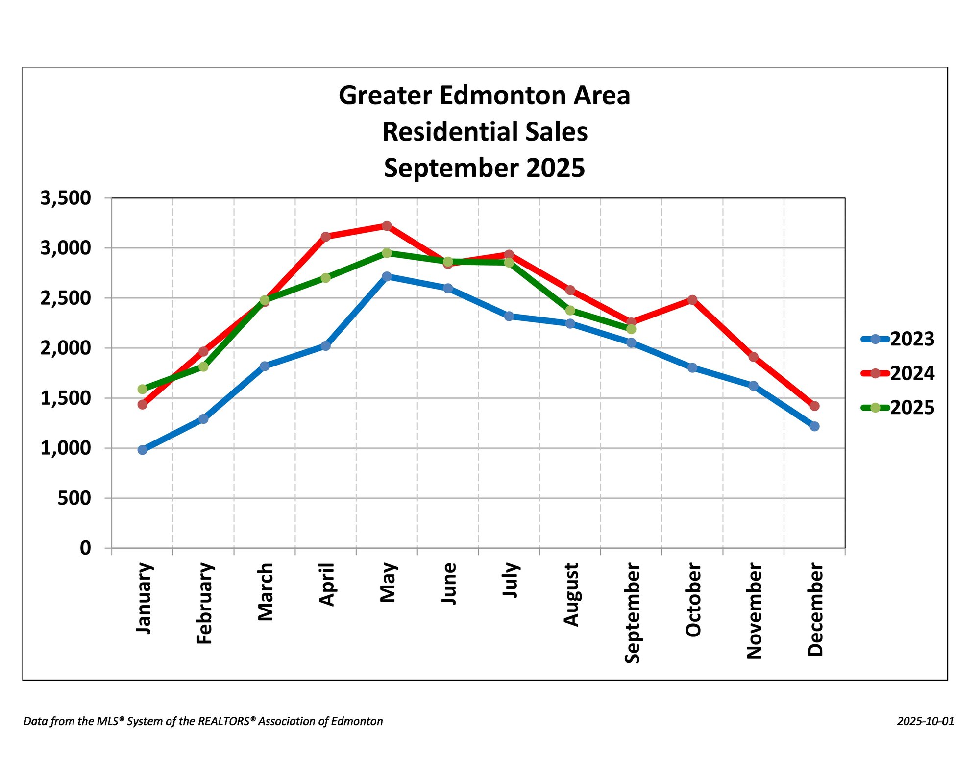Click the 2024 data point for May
pos(387,226)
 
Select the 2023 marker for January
pos(143,450)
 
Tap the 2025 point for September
pos(631,329)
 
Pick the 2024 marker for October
pos(692,300)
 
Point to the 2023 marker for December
pos(814,426)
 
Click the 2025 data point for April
pos(325,278)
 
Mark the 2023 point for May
pos(387,276)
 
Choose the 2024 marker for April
pos(325,237)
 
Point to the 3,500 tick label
pos(66,198)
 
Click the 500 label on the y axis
pos(74,498)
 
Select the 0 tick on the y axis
pos(86,548)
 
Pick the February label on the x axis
pos(204,603)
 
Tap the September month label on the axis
pos(632,613)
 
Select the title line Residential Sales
pos(485,132)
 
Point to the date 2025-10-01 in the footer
pos(926,721)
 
